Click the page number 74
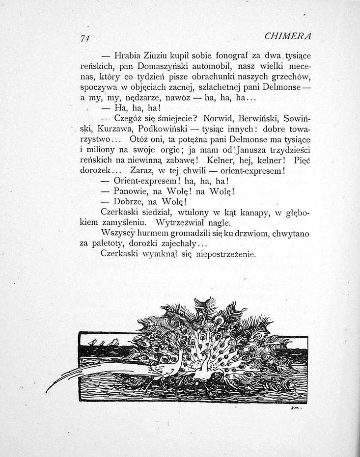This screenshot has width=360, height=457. [88, 39]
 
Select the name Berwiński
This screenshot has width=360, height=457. [257, 119]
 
